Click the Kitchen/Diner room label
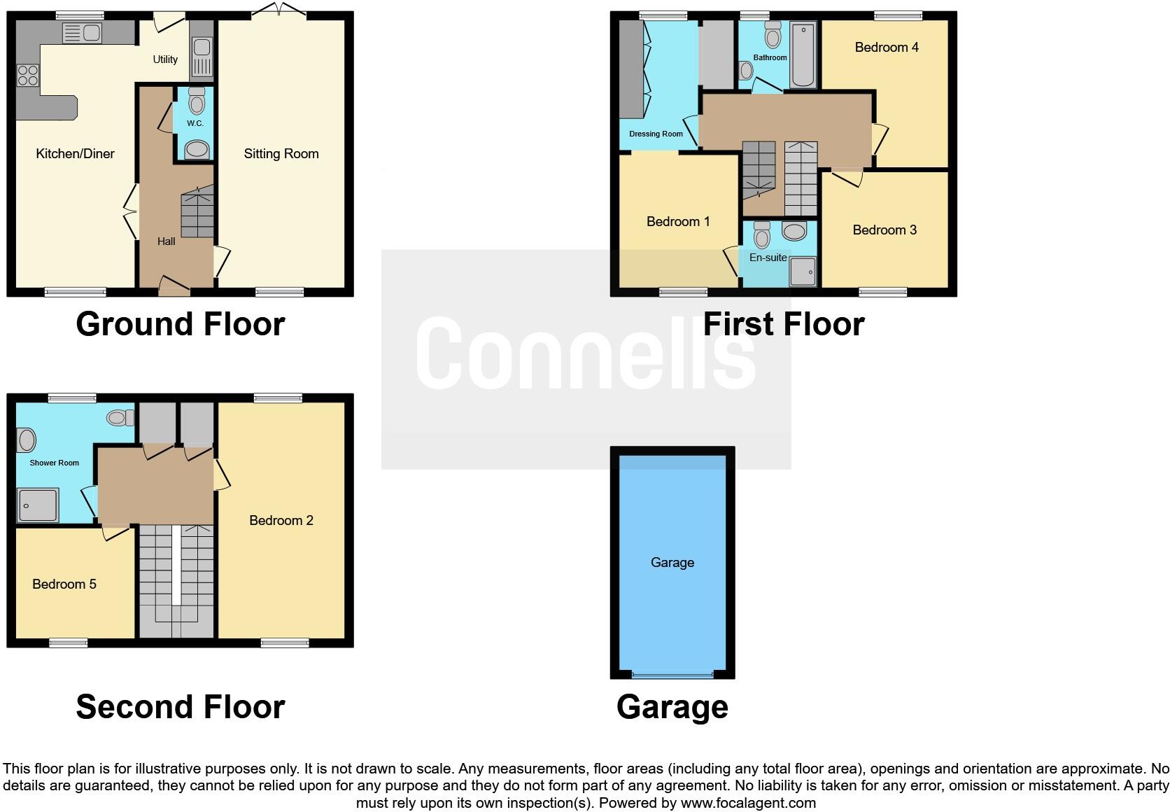[x=75, y=154]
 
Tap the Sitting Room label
[x=281, y=154]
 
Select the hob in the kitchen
[x=28, y=75]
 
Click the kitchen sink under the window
[x=82, y=32]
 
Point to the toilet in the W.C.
[x=197, y=102]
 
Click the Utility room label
[x=165, y=59]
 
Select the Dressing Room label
[x=656, y=134]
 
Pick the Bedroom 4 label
[x=886, y=48]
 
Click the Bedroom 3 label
[x=884, y=230]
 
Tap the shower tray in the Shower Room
[x=38, y=505]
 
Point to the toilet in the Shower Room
[x=120, y=418]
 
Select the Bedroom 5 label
[x=64, y=584]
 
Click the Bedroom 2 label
[x=281, y=521]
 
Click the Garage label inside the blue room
[x=672, y=563]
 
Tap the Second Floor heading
[x=181, y=707]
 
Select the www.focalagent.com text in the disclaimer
[x=747, y=803]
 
